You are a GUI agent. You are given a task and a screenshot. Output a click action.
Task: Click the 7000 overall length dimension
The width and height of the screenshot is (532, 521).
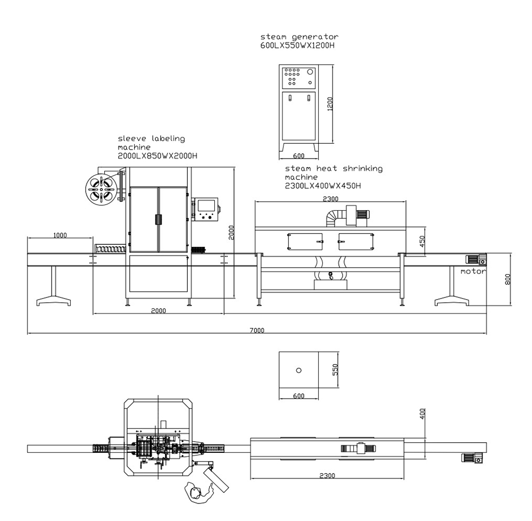pos(257,330)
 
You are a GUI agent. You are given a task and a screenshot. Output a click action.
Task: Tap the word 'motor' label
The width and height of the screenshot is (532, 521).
pos(473,271)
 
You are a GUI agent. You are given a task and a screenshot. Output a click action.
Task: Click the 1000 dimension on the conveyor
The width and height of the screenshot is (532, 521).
pos(60,235)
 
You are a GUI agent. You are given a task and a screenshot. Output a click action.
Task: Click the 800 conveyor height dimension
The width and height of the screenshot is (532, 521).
pos(508,279)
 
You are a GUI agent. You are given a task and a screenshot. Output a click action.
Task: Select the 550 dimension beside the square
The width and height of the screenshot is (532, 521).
pos(335,370)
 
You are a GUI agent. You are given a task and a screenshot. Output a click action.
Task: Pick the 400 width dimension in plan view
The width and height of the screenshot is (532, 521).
pos(422,414)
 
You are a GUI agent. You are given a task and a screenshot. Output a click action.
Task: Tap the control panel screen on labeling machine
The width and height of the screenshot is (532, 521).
pos(207,204)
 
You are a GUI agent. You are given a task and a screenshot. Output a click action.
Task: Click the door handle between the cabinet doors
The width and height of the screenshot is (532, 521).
pos(158,219)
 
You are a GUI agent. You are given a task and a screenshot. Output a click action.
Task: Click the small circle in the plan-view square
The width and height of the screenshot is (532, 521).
pos(298,370)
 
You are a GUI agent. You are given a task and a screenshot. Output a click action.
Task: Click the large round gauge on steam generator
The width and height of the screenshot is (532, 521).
pos(310,71)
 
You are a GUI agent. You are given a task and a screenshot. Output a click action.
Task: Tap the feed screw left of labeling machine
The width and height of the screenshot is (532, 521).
pos(110,249)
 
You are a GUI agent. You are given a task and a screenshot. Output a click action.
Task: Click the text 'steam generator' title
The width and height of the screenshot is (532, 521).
pos(299,37)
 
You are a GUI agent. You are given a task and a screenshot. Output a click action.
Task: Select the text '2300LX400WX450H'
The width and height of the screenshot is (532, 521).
pos(323,186)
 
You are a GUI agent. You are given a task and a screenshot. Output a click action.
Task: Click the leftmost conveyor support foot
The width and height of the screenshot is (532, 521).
pos(53,302)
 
